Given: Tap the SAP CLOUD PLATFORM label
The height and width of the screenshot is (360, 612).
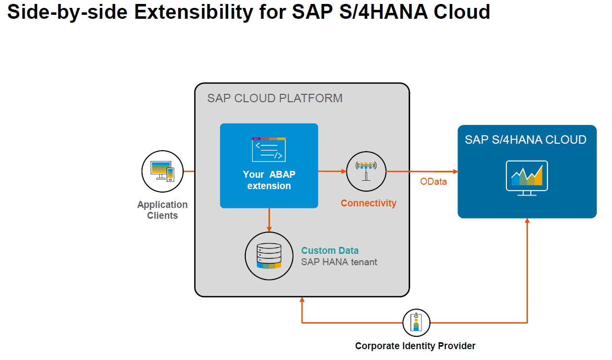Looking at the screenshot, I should pyautogui.click(x=274, y=98).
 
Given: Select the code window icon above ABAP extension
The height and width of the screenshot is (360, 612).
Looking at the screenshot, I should pyautogui.click(x=268, y=150).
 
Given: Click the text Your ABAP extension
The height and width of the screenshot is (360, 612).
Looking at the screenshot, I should pyautogui.click(x=269, y=180).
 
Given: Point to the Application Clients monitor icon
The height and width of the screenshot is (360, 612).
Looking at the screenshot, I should pyautogui.click(x=162, y=171).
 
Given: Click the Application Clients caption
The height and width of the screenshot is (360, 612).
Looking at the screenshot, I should pyautogui.click(x=162, y=210).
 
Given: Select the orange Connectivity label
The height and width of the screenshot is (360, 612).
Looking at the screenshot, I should pyautogui.click(x=368, y=203).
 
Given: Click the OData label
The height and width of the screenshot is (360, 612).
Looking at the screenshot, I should pyautogui.click(x=433, y=182).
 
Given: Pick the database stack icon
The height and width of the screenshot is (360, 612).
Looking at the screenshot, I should pyautogui.click(x=269, y=255).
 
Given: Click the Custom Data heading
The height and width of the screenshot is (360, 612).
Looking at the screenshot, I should pyautogui.click(x=330, y=250).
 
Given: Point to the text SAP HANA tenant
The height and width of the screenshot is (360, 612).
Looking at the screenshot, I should pyautogui.click(x=339, y=262).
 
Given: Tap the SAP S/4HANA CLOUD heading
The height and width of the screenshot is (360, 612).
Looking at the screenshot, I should pyautogui.click(x=525, y=140).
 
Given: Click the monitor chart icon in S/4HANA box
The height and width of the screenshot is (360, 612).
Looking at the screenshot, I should pyautogui.click(x=527, y=177).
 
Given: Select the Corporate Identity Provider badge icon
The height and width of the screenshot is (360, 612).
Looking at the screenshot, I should pyautogui.click(x=416, y=323).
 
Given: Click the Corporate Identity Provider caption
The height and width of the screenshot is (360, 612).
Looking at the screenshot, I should pyautogui.click(x=415, y=346).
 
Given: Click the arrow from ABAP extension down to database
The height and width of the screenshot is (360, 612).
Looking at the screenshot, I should pyautogui.click(x=269, y=219).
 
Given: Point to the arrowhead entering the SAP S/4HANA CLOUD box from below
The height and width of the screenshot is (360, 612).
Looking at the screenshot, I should pyautogui.click(x=527, y=221).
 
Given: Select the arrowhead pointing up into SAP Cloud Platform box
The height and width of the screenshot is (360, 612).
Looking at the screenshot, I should pyautogui.click(x=302, y=300).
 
